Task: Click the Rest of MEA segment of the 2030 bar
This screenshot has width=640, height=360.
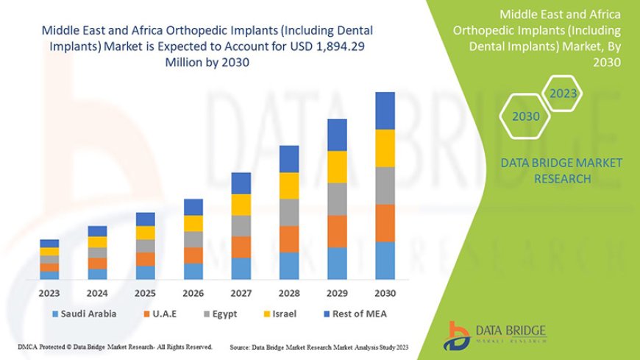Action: [385, 110]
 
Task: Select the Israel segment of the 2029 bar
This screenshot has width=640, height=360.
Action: [337, 167]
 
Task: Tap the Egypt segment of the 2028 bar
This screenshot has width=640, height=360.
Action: [289, 212]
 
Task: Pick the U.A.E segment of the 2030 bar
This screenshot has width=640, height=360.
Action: [385, 223]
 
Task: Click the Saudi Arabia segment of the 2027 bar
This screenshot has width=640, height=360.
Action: [241, 268]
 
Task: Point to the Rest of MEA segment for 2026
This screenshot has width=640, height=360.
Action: [193, 207]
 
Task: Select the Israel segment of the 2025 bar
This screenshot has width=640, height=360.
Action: [146, 233]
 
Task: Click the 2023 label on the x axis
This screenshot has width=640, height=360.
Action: [49, 292]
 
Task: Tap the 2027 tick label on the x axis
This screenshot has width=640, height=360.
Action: [241, 292]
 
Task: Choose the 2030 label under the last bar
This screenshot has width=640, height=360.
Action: [385, 292]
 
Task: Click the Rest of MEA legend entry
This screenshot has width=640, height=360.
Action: [355, 314]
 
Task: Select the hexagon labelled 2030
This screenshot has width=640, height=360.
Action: [525, 116]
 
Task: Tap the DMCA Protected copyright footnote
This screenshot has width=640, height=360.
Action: [114, 346]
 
